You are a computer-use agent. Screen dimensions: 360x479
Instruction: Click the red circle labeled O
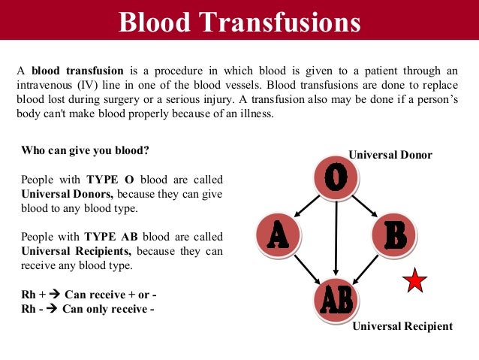click(x=336, y=177)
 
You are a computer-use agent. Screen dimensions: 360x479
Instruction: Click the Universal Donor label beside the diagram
click(x=390, y=155)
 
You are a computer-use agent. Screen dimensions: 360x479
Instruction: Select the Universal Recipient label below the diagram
click(x=402, y=326)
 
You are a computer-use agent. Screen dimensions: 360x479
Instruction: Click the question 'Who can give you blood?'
click(x=85, y=150)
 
